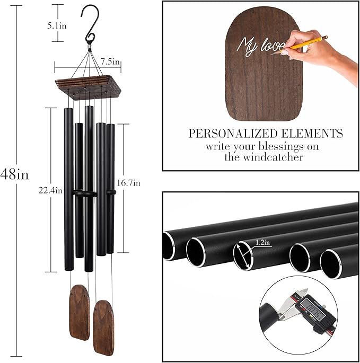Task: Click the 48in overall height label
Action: (x=14, y=174)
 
